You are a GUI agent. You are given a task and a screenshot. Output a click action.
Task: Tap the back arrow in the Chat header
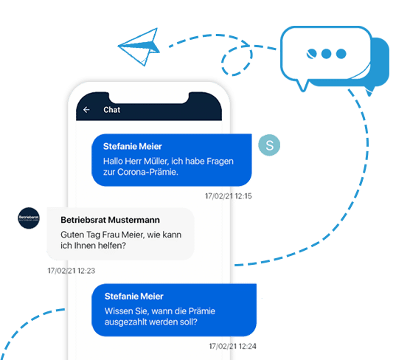pyautogui.click(x=86, y=110)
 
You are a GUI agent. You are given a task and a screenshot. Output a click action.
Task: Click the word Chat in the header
pyautogui.click(x=111, y=110)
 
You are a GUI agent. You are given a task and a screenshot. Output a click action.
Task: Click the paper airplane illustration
pyautogui.click(x=139, y=46)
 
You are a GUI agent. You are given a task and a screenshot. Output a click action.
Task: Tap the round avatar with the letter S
pyautogui.click(x=269, y=145)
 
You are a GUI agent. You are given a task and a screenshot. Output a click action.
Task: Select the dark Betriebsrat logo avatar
pyautogui.click(x=29, y=218)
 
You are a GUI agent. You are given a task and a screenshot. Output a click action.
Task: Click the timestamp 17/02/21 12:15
pyautogui.click(x=229, y=196)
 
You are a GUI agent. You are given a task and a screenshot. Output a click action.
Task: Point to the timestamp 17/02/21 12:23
pyautogui.click(x=71, y=271)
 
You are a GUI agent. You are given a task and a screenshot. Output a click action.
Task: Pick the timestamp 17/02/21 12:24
pyautogui.click(x=232, y=347)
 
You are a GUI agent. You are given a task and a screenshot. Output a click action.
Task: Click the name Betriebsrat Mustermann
pyautogui.click(x=110, y=220)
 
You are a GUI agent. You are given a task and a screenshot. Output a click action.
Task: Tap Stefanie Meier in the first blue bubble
pyautogui.click(x=132, y=146)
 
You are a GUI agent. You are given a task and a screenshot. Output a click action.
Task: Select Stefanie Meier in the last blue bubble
pyautogui.click(x=134, y=296)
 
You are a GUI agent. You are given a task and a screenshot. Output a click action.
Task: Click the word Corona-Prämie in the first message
pyautogui.click(x=147, y=172)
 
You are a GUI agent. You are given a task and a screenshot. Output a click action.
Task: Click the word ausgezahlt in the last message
pyautogui.click(x=125, y=322)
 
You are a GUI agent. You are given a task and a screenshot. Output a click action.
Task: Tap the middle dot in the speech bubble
pyautogui.click(x=327, y=54)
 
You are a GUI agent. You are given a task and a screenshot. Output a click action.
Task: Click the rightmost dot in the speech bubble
pyautogui.click(x=341, y=54)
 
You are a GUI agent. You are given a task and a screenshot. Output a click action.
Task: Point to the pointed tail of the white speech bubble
pyautogui.click(x=303, y=90)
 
